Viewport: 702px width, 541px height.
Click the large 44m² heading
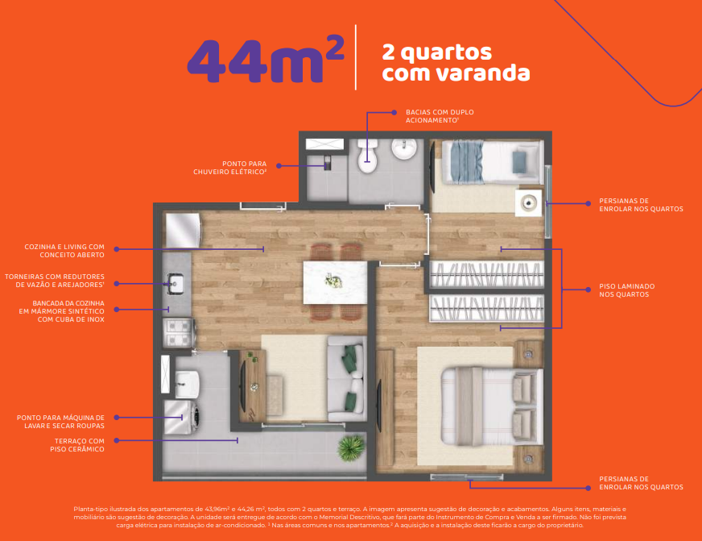click(x=266, y=60)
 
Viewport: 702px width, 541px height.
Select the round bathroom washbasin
click(x=405, y=149)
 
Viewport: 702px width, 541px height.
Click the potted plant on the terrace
click(x=351, y=448)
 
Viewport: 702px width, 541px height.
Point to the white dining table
click(x=336, y=282)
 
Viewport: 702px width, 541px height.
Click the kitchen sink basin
click(x=175, y=284)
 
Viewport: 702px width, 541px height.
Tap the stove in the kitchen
click(x=179, y=333)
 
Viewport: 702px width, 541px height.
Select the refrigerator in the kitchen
click(x=183, y=231)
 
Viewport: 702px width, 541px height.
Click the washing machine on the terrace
click(x=181, y=418)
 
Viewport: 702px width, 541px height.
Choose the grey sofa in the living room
click(x=346, y=379)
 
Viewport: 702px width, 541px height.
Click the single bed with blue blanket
click(x=493, y=162)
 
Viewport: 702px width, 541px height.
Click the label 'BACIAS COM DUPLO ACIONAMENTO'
click(x=440, y=116)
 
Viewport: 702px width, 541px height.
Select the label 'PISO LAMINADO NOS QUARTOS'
click(x=627, y=290)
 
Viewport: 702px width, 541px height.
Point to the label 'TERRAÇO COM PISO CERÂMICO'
click(x=77, y=445)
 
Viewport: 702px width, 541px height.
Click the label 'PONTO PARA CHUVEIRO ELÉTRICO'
click(x=230, y=168)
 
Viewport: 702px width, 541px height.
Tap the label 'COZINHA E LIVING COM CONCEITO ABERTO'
click(x=64, y=251)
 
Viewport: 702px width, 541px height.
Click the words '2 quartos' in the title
click(x=437, y=52)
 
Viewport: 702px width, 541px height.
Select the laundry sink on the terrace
click(x=187, y=384)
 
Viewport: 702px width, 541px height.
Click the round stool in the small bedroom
click(x=528, y=203)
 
